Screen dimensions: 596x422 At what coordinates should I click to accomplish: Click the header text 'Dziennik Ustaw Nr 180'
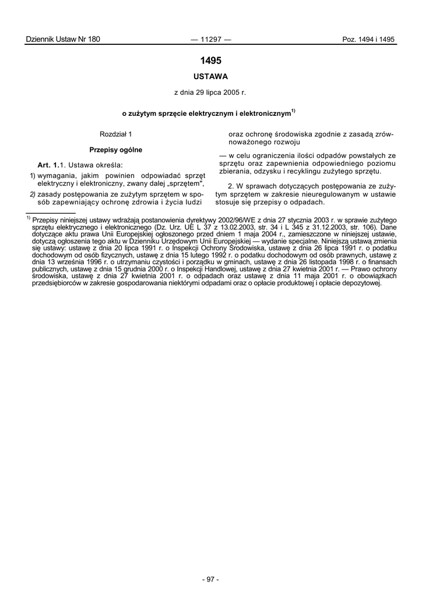pyautogui.click(x=63, y=40)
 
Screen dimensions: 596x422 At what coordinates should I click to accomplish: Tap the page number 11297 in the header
pyautogui.click(x=210, y=40)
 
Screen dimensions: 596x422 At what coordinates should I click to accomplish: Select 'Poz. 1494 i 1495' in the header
pyautogui.click(x=368, y=40)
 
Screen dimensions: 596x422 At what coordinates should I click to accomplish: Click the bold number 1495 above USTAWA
pyautogui.click(x=210, y=61)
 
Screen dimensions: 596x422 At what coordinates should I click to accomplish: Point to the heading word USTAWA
pyautogui.click(x=210, y=76)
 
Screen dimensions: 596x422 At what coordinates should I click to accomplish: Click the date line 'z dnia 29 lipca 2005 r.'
pyautogui.click(x=210, y=93)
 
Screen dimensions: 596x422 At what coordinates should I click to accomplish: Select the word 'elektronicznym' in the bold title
pyautogui.click(x=265, y=113)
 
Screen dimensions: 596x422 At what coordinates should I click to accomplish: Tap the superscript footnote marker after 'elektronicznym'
pyautogui.click(x=294, y=110)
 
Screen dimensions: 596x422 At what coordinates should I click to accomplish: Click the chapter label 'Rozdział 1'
pyautogui.click(x=116, y=134)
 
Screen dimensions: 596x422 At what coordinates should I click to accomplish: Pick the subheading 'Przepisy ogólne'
pyautogui.click(x=116, y=150)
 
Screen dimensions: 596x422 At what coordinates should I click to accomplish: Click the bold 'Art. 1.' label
pyautogui.click(x=49, y=166)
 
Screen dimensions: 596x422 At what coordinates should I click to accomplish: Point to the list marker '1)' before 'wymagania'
pyautogui.click(x=33, y=175)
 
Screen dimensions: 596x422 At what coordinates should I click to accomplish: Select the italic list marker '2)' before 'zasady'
pyautogui.click(x=33, y=193)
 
